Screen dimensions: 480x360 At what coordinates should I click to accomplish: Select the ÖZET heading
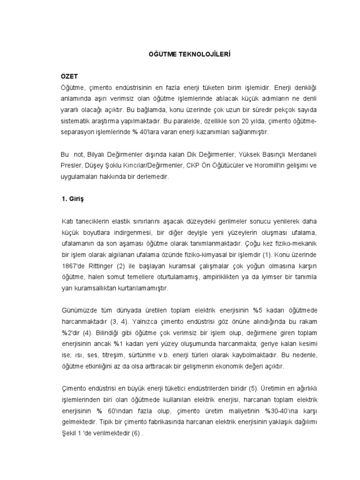click(69, 76)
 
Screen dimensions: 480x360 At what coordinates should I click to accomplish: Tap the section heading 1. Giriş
click(74, 198)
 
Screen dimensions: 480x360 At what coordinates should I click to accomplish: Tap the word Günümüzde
click(77, 311)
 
